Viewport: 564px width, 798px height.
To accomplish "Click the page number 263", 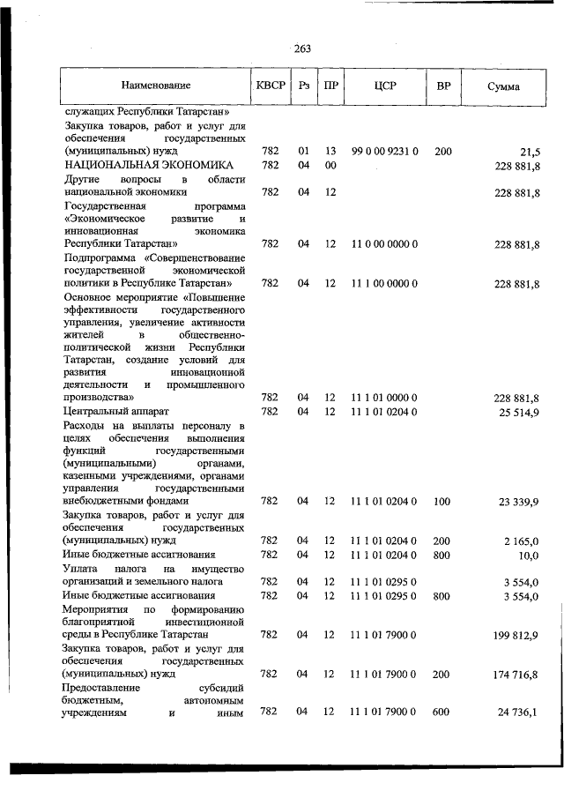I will pyautogui.click(x=302, y=48).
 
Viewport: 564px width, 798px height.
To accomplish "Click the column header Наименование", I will pyautogui.click(x=156, y=86).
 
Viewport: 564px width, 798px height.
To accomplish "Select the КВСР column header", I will pyautogui.click(x=271, y=86).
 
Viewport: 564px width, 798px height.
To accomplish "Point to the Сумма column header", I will pyautogui.click(x=503, y=86).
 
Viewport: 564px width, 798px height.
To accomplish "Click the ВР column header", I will pyautogui.click(x=443, y=86).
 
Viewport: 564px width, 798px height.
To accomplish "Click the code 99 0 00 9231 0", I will pyautogui.click(x=384, y=152).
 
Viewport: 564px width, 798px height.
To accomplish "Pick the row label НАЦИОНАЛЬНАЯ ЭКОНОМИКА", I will pyautogui.click(x=148, y=165).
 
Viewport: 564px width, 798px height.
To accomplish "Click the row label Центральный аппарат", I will pyautogui.click(x=115, y=412).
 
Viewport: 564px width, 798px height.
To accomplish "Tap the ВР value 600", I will pyautogui.click(x=443, y=712).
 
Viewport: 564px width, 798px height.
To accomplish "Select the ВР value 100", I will pyautogui.click(x=443, y=501).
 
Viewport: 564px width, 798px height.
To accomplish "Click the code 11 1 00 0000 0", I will pyautogui.click(x=384, y=283).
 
